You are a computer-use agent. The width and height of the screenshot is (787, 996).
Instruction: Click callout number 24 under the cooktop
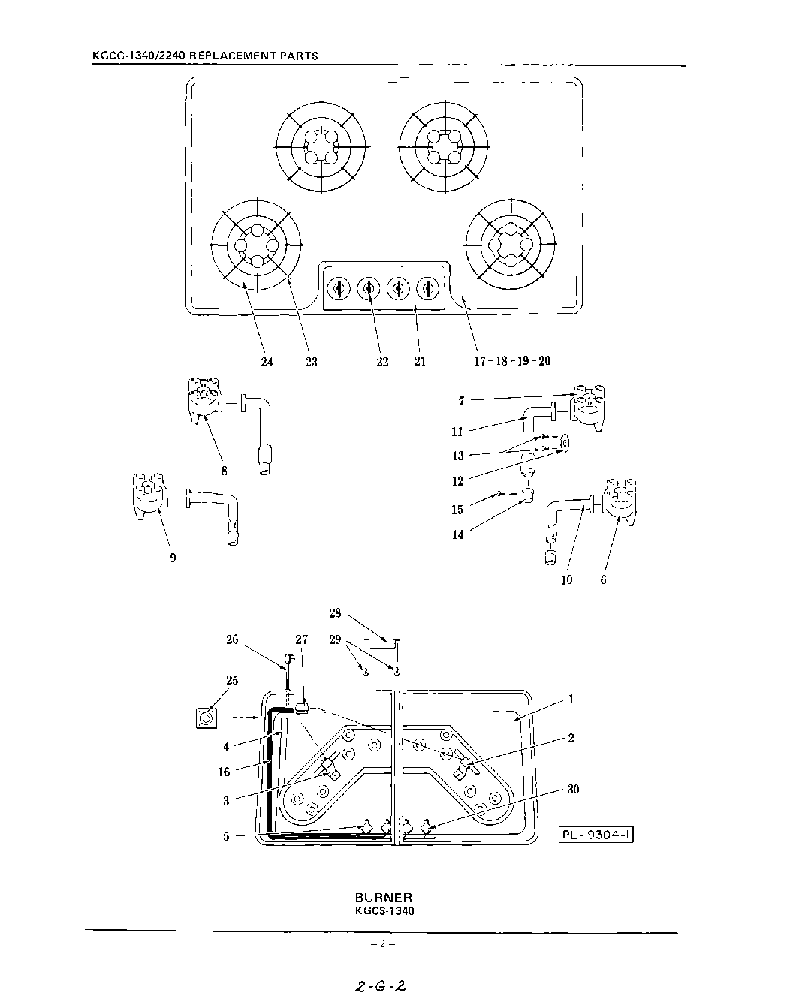click(267, 362)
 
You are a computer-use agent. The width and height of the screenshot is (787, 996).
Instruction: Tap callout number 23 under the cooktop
click(311, 362)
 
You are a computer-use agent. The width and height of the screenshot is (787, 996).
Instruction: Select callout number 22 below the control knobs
click(382, 362)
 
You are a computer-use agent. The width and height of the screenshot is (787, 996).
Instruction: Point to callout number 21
click(420, 362)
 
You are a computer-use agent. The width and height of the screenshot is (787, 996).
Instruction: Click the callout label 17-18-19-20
click(511, 361)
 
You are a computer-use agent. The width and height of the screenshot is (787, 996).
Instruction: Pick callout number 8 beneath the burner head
click(225, 471)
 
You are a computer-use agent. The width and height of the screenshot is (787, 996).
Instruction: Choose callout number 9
click(173, 558)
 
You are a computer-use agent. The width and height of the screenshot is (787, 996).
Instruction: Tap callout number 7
click(461, 402)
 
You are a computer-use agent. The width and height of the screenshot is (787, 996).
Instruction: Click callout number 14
click(457, 535)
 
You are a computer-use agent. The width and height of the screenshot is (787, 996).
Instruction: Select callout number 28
click(335, 613)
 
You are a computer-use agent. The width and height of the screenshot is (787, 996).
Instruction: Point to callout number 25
click(232, 680)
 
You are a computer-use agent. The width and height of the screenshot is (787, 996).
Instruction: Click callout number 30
click(574, 790)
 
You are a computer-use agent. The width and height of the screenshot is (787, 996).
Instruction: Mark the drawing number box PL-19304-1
click(596, 835)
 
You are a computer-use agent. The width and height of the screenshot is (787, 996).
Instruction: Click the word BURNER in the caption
click(383, 898)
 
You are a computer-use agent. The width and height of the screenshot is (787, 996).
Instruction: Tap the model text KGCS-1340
click(384, 911)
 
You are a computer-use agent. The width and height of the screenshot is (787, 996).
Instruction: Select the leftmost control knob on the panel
click(339, 287)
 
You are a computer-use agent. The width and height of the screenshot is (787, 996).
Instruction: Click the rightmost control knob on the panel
click(428, 287)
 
